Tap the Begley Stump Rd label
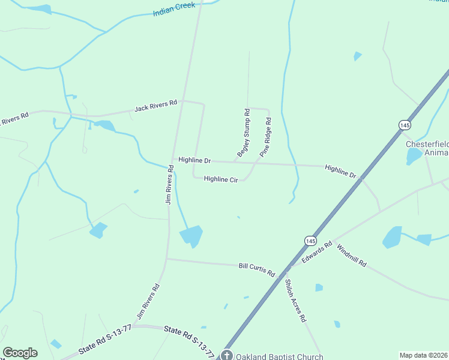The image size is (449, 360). tap(243, 133)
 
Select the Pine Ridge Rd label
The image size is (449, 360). tap(265, 137)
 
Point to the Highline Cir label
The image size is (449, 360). tap(221, 179)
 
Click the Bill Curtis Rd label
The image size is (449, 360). tap(256, 269)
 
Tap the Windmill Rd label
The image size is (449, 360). tap(351, 255)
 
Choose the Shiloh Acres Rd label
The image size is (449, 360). tap(295, 301)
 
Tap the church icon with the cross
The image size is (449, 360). tap(226, 355)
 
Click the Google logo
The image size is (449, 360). tap(20, 353)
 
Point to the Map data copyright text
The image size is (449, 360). tap(423, 355)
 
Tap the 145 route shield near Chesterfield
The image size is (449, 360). tap(404, 125)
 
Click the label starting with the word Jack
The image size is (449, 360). tap(155, 106)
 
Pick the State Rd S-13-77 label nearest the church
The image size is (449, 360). tap(189, 341)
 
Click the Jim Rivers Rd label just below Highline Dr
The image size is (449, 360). tap(169, 186)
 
